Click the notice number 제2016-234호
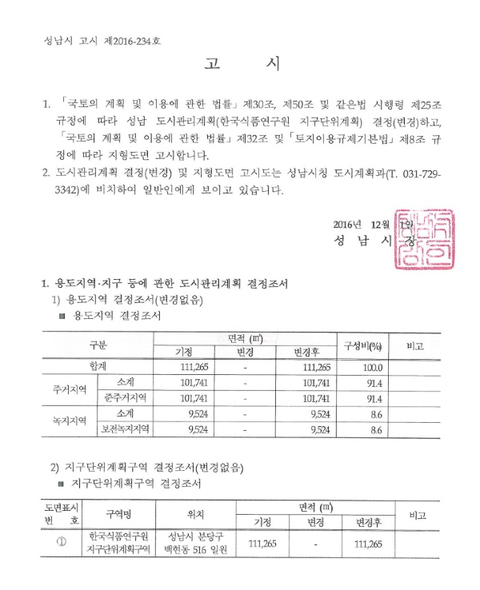pyautogui.click(x=137, y=39)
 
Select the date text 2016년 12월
pyautogui.click(x=362, y=224)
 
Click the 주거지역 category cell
pyautogui.click(x=66, y=391)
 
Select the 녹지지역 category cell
pyautogui.click(x=66, y=421)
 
